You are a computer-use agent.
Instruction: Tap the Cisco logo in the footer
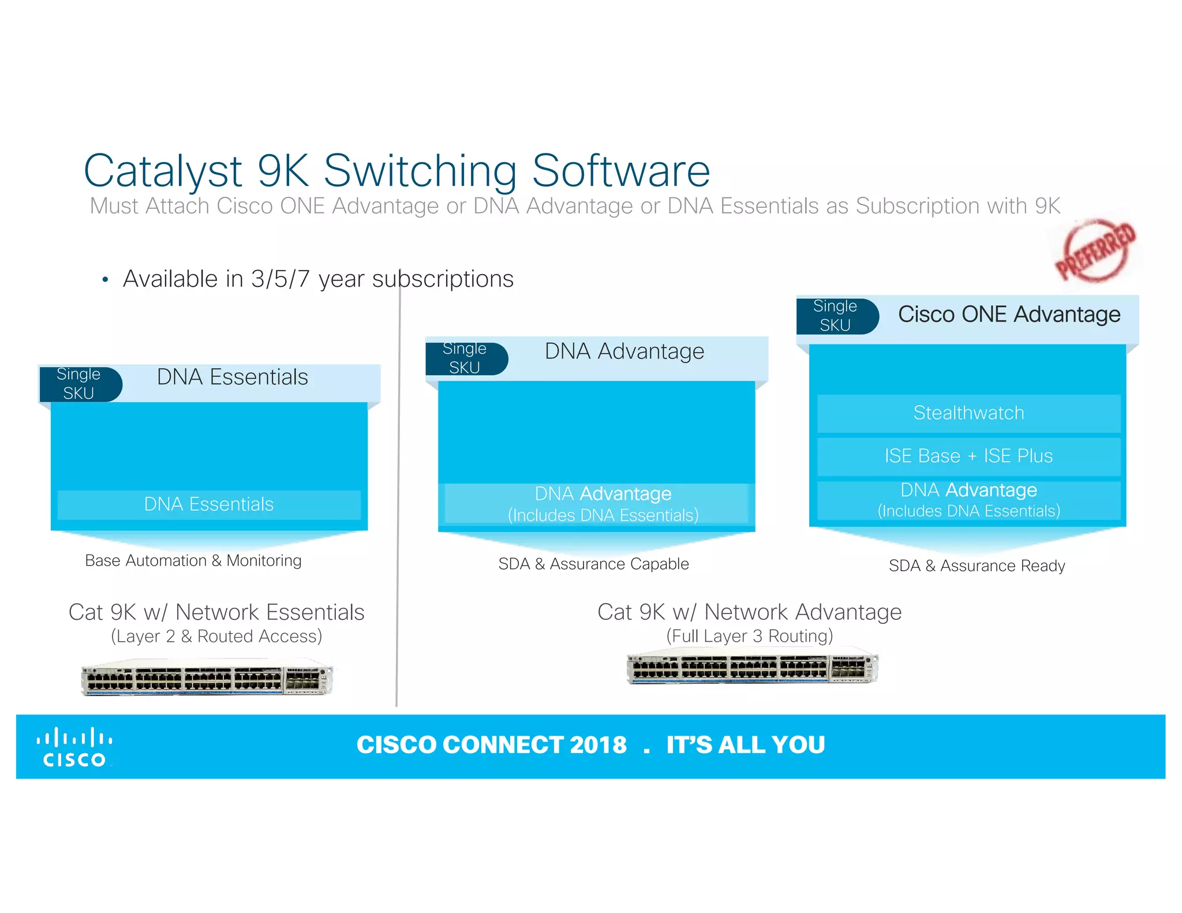pos(74,748)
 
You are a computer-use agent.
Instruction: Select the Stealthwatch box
pos(968,413)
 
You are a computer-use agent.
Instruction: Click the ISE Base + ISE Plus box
pos(968,456)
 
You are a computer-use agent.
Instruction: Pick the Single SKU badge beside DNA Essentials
pos(80,384)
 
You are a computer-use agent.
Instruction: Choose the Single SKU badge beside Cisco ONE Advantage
pos(836,316)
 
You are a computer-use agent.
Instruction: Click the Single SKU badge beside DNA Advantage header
pos(466,358)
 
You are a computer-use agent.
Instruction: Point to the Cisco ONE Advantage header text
pos(1009,315)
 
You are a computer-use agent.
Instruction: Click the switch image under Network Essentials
pos(207,678)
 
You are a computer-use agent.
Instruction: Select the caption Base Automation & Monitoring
pos(193,560)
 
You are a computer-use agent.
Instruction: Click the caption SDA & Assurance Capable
pos(593,564)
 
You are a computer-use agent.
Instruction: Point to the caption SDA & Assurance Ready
pos(977,566)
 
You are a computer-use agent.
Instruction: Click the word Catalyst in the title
pos(163,171)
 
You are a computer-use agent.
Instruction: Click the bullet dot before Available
pos(105,280)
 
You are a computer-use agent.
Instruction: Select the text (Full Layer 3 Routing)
pos(749,636)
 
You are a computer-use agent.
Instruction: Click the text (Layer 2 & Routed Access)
pos(216,636)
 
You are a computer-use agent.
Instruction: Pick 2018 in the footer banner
pos(597,745)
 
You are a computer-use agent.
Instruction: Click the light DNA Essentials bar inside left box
pos(209,504)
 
